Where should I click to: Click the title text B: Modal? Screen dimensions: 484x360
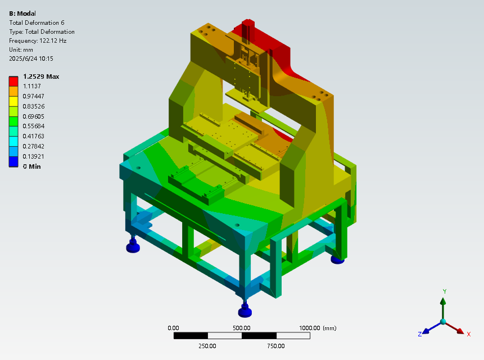coord(22,13)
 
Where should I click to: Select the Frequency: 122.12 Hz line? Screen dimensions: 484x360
coord(38,40)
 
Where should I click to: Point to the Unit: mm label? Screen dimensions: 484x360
coord(21,49)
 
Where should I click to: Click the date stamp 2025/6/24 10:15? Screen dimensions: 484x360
coord(31,58)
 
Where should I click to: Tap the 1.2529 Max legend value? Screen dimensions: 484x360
coord(41,76)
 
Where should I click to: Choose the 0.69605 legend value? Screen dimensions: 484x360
coord(34,116)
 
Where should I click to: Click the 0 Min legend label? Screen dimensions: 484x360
coord(32,166)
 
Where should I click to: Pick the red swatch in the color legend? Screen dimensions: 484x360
coord(13,81)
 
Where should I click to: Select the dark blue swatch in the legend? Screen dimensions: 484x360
coord(13,161)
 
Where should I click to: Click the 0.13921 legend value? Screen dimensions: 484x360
coord(34,156)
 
